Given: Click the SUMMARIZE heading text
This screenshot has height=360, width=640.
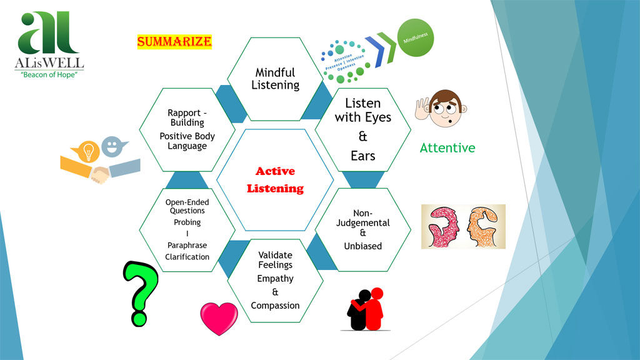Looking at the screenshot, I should tap(174, 42).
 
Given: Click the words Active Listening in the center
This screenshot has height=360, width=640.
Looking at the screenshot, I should tap(275, 179).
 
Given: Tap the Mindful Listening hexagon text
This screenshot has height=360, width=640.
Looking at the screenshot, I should tap(275, 79).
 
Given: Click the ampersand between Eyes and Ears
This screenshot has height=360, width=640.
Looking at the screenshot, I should tap(362, 136).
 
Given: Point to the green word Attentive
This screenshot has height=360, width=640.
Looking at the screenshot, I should tap(447, 148).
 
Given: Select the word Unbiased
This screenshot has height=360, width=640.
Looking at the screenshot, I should tap(362, 246).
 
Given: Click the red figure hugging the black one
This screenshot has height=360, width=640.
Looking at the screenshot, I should tap(375, 307).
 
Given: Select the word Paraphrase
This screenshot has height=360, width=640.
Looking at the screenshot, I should tap(187, 245).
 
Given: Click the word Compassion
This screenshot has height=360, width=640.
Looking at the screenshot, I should tap(275, 306).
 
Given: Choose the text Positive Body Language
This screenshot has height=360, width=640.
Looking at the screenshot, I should tap(187, 141).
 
